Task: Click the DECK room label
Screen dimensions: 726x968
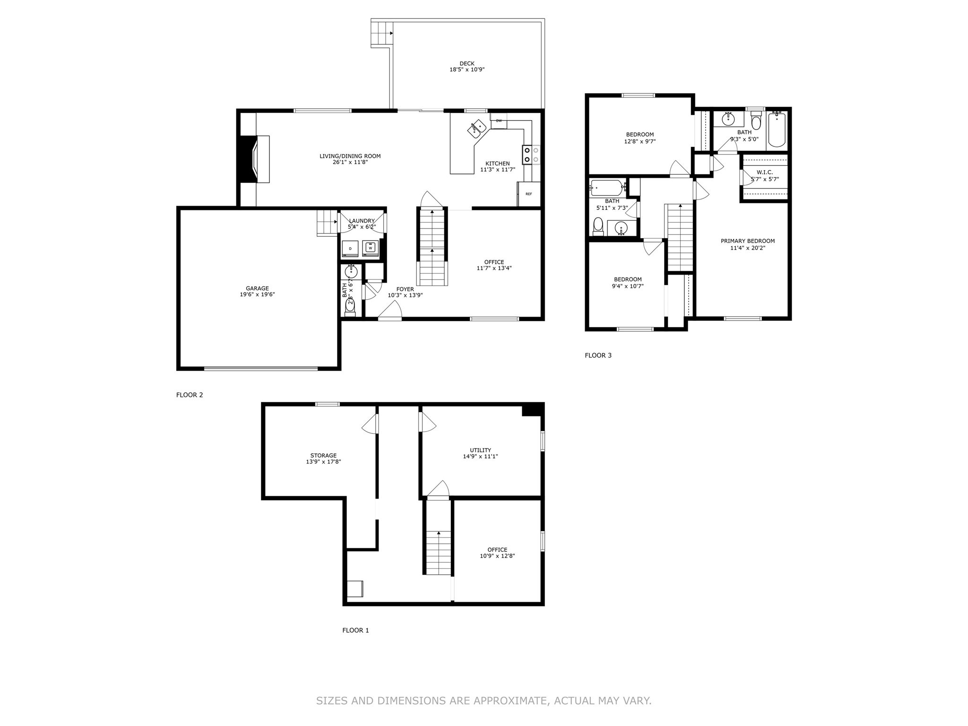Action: click(x=467, y=63)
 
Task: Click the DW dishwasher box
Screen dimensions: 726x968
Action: click(x=499, y=121)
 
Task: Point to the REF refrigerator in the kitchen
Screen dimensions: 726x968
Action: click(x=528, y=194)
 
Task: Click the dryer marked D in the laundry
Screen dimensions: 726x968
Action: click(x=350, y=248)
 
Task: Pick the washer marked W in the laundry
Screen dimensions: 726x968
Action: click(x=371, y=248)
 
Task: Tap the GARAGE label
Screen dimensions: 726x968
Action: click(x=257, y=288)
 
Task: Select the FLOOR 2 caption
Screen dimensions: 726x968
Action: click(x=190, y=395)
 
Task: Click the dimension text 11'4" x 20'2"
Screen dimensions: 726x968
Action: click(x=747, y=248)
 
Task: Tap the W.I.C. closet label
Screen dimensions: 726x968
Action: click(x=764, y=173)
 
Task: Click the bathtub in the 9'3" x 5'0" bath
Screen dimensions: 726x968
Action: click(x=777, y=130)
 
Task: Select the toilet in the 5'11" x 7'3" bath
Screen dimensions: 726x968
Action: click(x=598, y=225)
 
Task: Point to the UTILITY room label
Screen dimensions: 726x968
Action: click(x=480, y=450)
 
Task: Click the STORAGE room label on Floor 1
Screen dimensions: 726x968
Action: click(x=323, y=456)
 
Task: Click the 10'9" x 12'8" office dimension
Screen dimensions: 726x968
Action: click(x=497, y=556)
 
